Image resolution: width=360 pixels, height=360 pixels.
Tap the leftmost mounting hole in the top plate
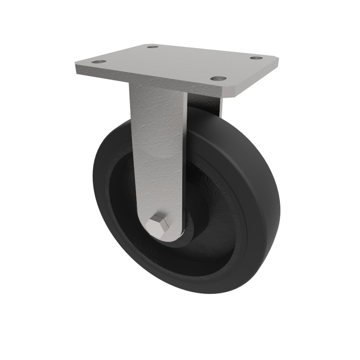click(x=99, y=62)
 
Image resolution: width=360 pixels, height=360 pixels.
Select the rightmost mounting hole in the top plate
click(x=256, y=58)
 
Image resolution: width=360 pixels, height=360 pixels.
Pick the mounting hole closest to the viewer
click(x=218, y=78)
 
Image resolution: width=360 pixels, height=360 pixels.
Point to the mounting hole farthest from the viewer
click(x=153, y=46)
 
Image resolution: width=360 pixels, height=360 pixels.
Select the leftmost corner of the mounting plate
click(x=75, y=67)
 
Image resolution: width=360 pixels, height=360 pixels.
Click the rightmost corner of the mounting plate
click(x=278, y=60)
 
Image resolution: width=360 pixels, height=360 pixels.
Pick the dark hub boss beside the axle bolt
click(x=189, y=234)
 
